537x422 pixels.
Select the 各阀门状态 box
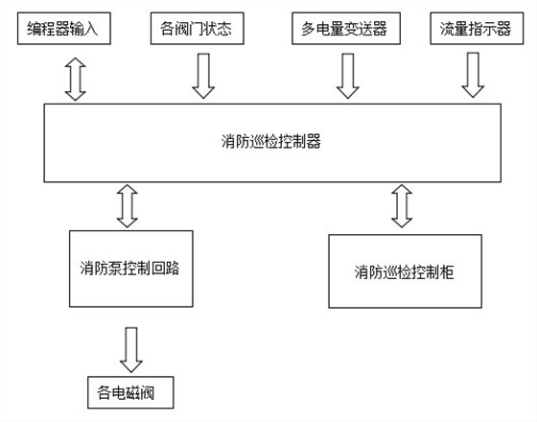pyautogui.click(x=202, y=30)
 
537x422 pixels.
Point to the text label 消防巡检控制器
pyautogui.click(x=270, y=142)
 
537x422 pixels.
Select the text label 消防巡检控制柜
pyautogui.click(x=403, y=271)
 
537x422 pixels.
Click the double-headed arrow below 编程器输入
pyautogui.click(x=75, y=77)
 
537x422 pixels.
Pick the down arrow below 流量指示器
pyautogui.click(x=472, y=76)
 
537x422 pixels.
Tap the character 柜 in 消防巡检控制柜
pyautogui.click(x=447, y=271)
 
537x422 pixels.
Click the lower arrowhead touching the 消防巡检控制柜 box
pyautogui.click(x=401, y=222)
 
